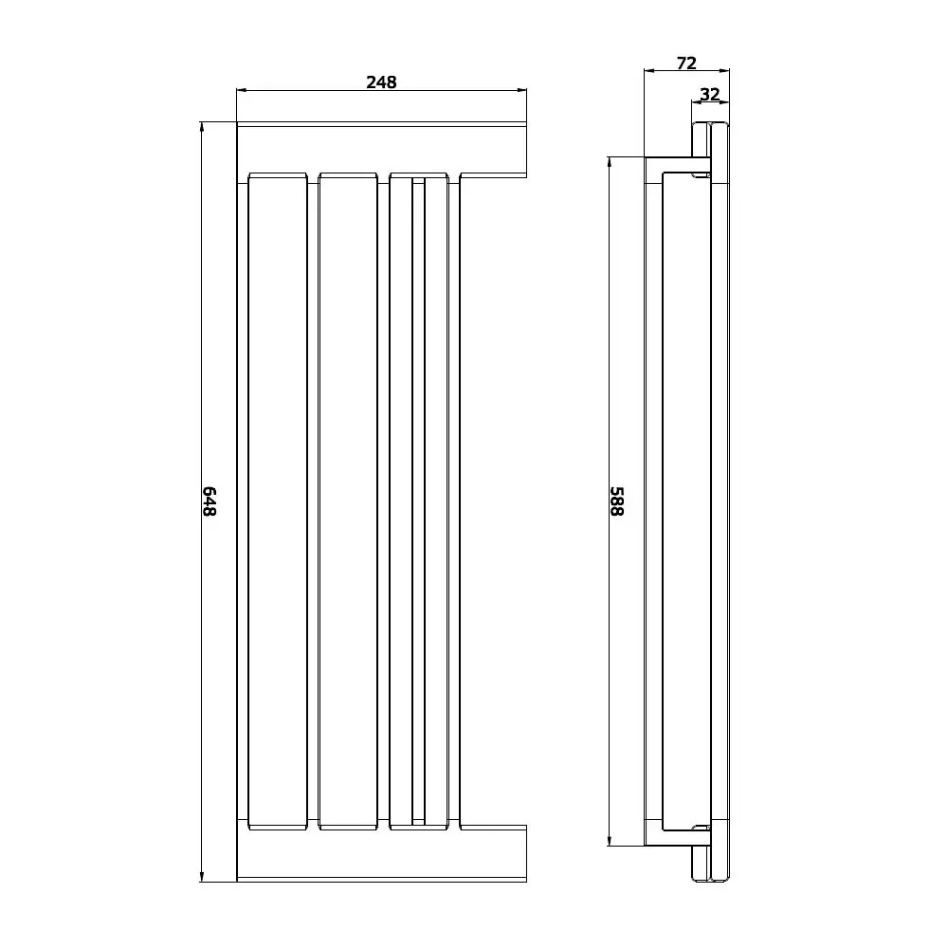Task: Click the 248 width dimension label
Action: coord(381,82)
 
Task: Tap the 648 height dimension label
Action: coord(209,501)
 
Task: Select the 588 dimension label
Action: coord(616,501)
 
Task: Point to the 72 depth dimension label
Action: coord(686,63)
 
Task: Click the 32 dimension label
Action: coord(710,94)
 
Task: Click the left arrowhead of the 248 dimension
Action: coord(242,91)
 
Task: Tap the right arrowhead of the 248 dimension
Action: coord(521,91)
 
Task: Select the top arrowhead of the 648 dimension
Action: coord(201,128)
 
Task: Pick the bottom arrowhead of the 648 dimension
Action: coord(201,876)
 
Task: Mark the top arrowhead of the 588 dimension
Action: coord(610,163)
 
